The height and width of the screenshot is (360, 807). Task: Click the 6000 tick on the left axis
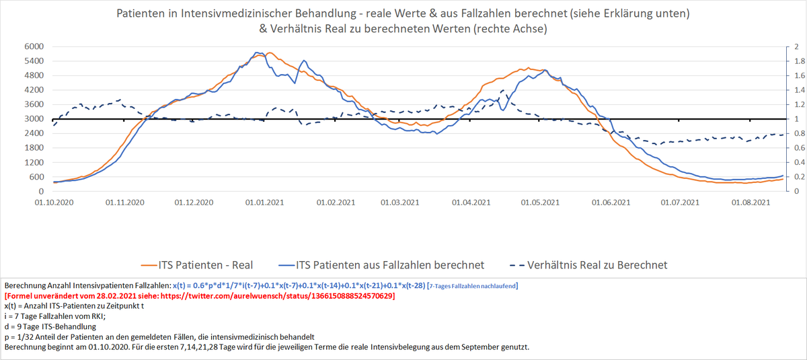click(x=34, y=46)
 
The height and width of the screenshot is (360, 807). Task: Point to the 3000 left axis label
click(x=34, y=119)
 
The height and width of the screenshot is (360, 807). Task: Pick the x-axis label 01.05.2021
click(x=541, y=202)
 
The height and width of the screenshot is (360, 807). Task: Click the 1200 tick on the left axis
click(x=34, y=163)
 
